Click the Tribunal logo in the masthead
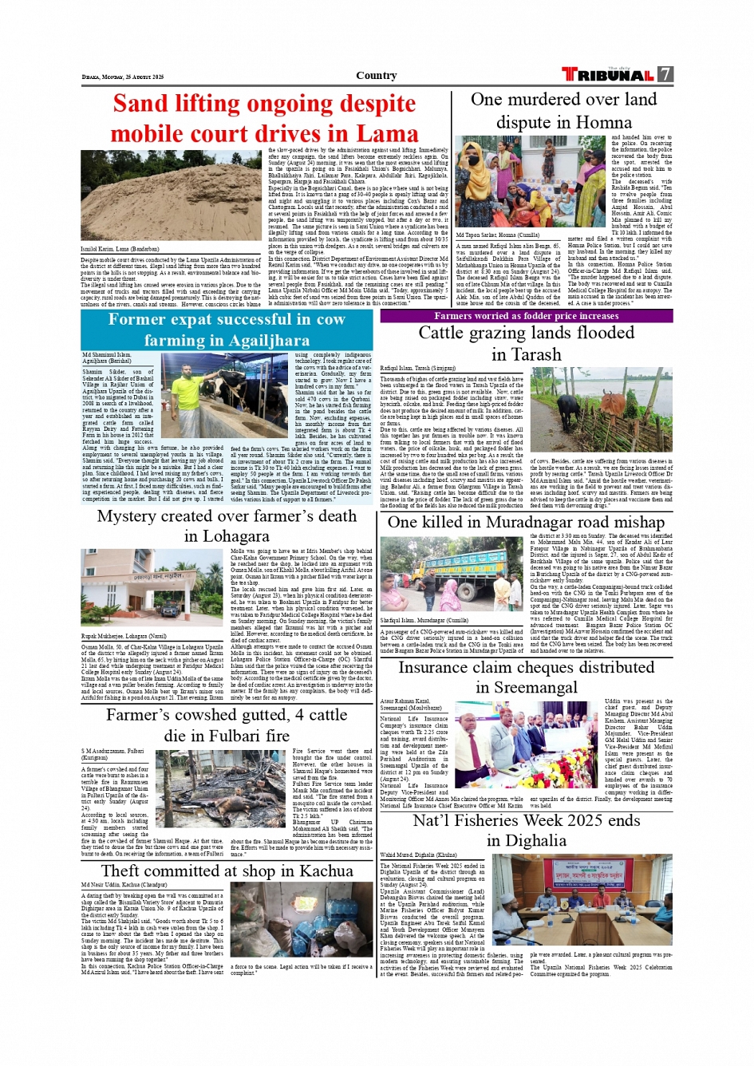(608, 75)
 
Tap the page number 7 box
(665, 74)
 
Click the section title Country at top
(376, 76)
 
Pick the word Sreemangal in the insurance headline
(527, 688)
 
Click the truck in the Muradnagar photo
(463, 568)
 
